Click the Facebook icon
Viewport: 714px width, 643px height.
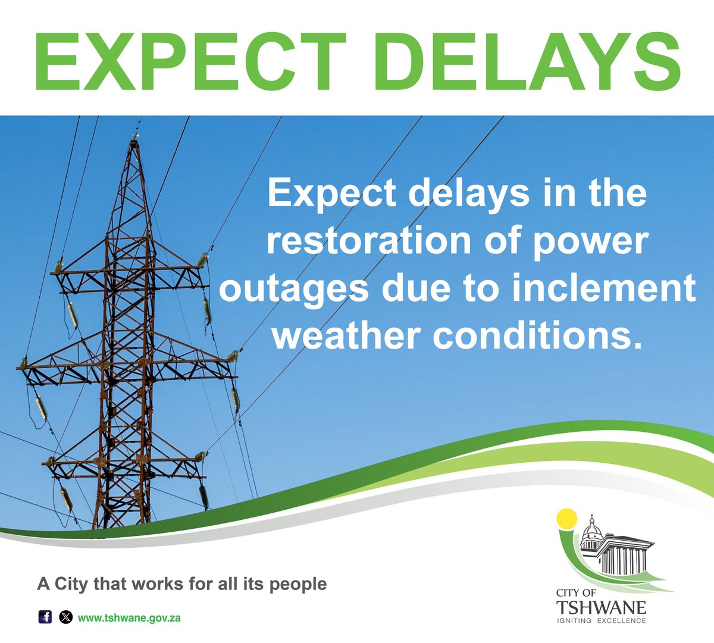tap(45, 617)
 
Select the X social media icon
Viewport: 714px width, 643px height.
tap(65, 617)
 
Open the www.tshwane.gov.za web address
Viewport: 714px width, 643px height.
tap(129, 617)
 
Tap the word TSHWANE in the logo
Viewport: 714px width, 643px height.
tap(601, 607)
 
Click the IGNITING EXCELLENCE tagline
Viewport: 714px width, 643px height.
tap(601, 621)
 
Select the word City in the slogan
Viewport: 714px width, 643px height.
tap(70, 584)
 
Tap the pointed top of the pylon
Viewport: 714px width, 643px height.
tap(135, 138)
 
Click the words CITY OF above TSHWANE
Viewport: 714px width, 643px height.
tap(575, 593)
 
